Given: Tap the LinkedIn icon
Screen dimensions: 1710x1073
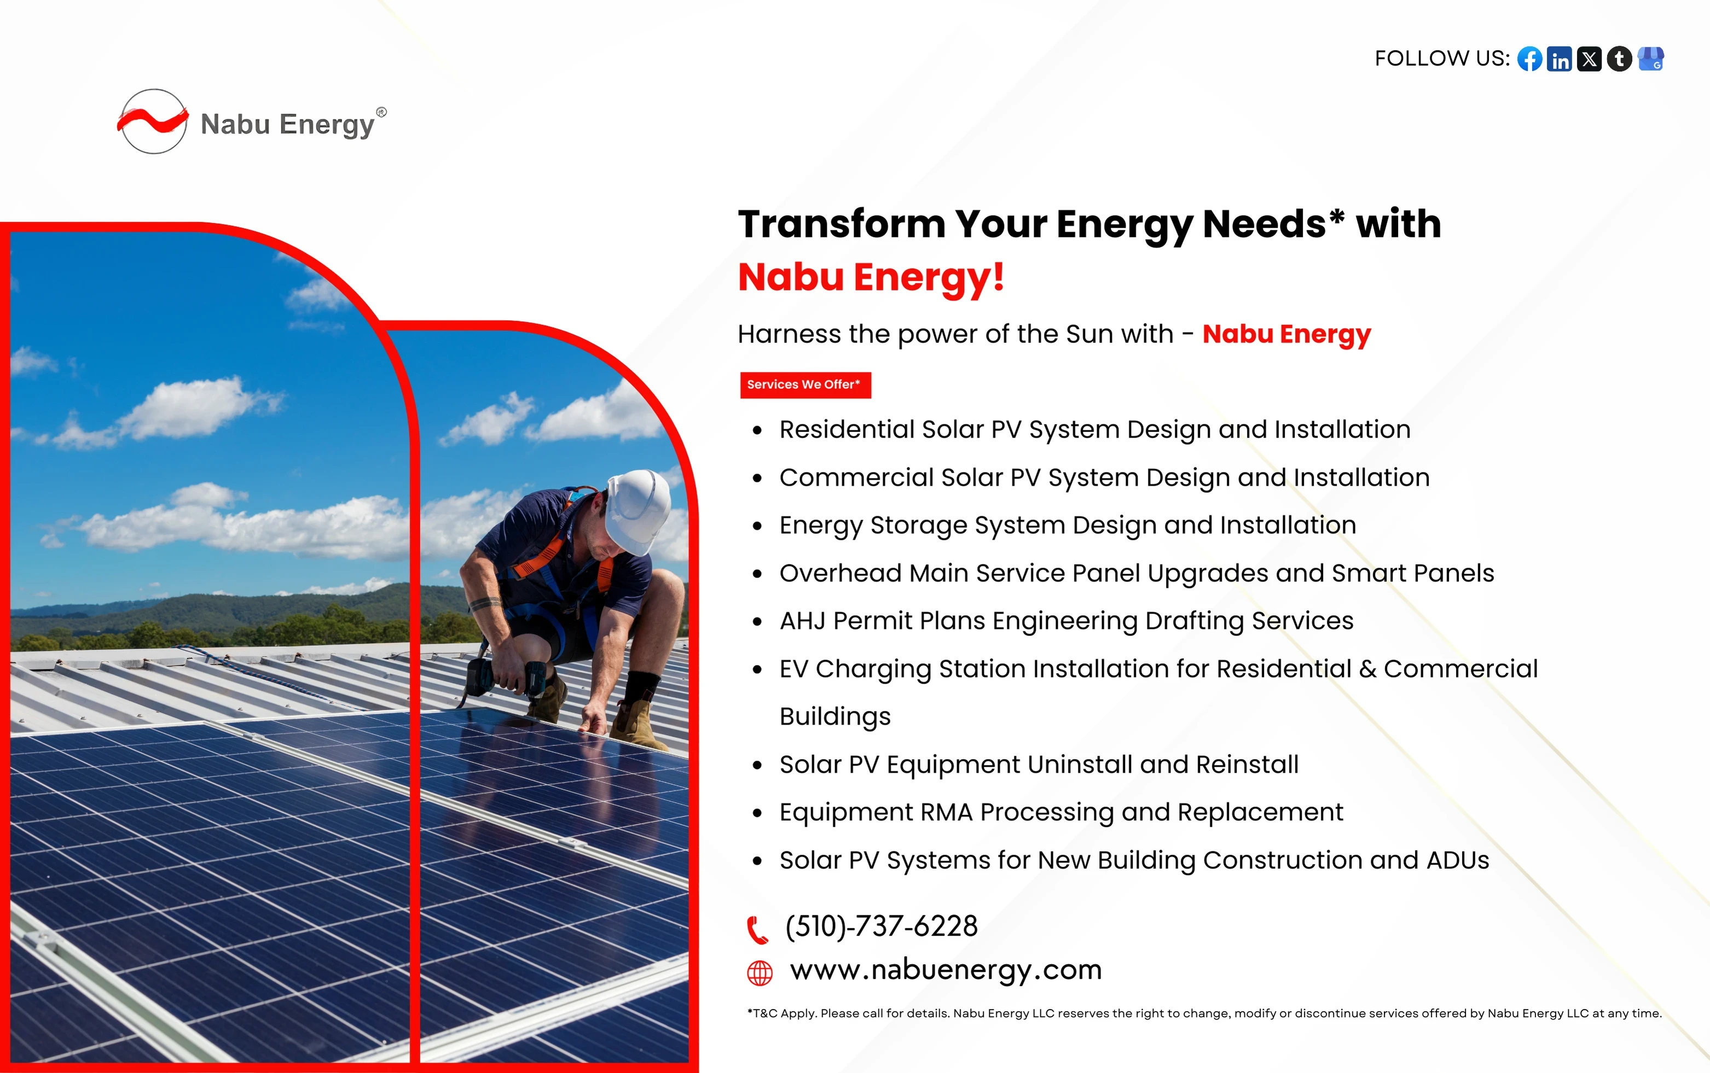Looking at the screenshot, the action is [x=1559, y=59].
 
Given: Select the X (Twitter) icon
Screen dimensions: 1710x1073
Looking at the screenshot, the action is [x=1589, y=59].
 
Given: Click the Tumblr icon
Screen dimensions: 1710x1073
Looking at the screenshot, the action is [x=1619, y=59].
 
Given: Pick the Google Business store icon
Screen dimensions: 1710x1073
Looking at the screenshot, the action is [x=1650, y=59].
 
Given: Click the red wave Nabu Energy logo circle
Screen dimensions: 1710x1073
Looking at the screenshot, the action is [x=153, y=121].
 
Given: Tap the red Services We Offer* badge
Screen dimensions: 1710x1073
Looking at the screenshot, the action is [x=805, y=384].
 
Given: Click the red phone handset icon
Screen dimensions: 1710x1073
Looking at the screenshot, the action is [x=757, y=930].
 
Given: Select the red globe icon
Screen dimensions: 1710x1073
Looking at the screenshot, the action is [x=760, y=973].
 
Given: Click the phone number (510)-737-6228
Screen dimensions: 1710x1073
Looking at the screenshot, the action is [x=882, y=926].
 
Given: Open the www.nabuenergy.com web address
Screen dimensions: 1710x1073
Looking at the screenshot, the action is [x=946, y=970].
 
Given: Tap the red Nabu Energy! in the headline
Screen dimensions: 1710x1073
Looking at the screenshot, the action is [x=871, y=277].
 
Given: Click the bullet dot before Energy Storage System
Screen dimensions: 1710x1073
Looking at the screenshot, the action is [x=757, y=527].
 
